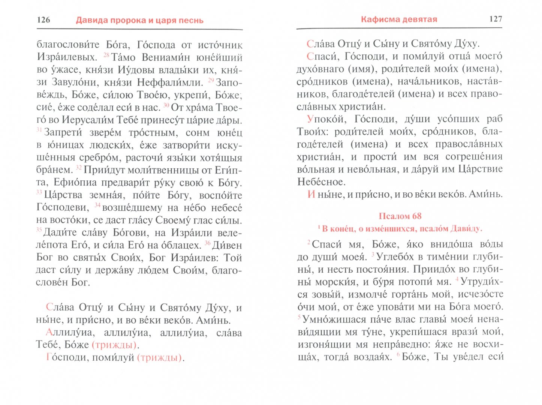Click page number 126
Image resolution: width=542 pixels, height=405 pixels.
(x=43, y=20)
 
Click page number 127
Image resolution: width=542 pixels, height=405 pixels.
(x=496, y=19)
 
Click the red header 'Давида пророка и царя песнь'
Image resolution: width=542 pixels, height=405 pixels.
(x=139, y=20)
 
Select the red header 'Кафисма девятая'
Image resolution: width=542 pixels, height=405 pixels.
(x=399, y=19)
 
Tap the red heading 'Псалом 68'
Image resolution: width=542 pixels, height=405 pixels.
(x=400, y=216)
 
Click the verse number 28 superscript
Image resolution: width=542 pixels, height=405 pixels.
(x=106, y=55)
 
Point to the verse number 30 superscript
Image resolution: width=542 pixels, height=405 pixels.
(x=166, y=105)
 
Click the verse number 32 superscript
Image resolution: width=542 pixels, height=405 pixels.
(x=79, y=168)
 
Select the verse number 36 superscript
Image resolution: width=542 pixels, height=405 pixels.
(x=208, y=243)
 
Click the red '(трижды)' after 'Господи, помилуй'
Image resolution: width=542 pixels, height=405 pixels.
(x=160, y=358)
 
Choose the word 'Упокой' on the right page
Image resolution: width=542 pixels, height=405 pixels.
(x=325, y=119)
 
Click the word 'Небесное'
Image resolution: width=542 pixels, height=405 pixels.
(x=321, y=182)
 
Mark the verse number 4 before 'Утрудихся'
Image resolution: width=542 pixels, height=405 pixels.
(x=457, y=279)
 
